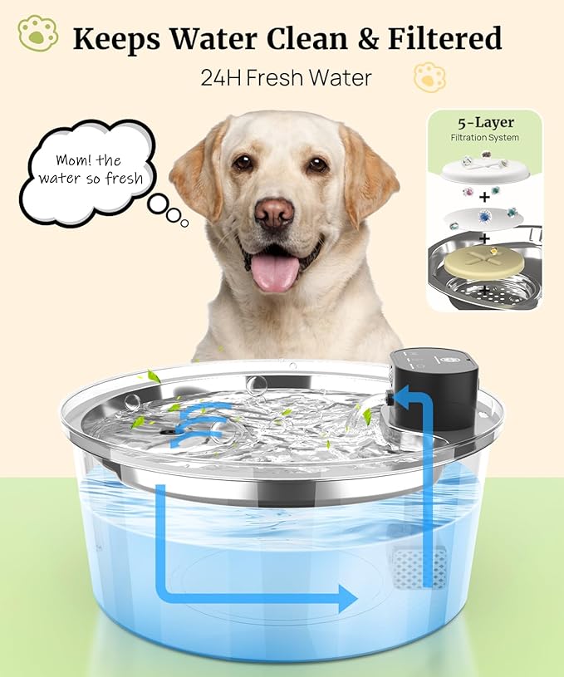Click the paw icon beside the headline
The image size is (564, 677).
[x=37, y=34]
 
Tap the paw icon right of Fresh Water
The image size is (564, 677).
[x=429, y=77]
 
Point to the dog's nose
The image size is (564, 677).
[x=273, y=213]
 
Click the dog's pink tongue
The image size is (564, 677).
[x=274, y=272]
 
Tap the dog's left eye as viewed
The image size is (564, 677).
[x=243, y=163]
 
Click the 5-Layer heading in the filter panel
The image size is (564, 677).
[x=486, y=123]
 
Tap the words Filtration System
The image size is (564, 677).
[x=486, y=137]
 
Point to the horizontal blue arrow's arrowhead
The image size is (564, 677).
[x=349, y=597]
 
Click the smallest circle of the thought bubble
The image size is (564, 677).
[x=184, y=222]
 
